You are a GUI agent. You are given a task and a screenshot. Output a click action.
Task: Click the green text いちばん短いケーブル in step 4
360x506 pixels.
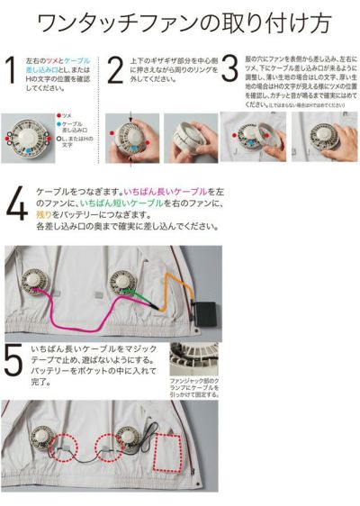pos(98,206)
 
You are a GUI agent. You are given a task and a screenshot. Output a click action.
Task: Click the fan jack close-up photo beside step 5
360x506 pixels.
pos(193,358)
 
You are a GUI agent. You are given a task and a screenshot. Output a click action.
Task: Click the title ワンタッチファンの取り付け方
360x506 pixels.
pos(180,20)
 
